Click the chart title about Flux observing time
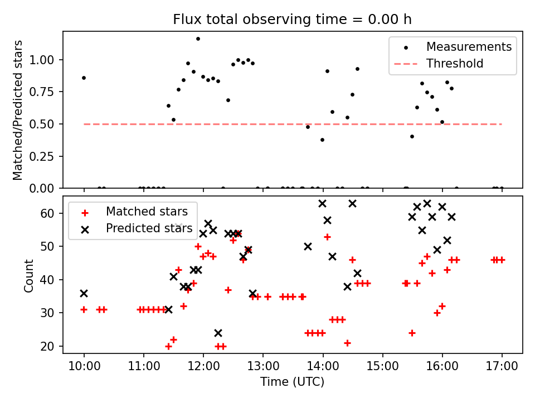coord(292,19)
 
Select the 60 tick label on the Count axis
coord(47,213)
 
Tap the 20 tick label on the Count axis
coord(47,346)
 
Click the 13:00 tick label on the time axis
coord(263,366)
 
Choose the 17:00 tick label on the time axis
coord(502,366)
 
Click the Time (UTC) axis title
coord(292,381)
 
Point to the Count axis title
coord(28,276)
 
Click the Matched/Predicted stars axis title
coord(18,110)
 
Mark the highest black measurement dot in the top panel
coord(198,39)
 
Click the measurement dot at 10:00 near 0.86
coord(84,78)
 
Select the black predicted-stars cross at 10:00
coord(84,293)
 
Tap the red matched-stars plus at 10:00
coord(84,310)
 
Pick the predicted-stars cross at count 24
coord(218,333)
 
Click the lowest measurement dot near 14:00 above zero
coord(323,140)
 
